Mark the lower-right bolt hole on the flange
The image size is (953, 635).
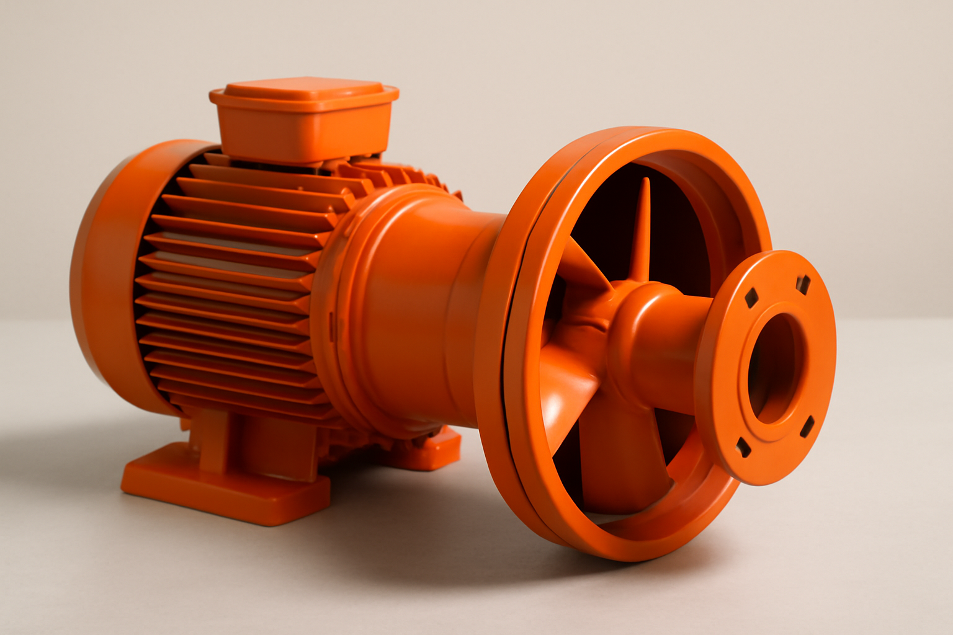tap(807, 426)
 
